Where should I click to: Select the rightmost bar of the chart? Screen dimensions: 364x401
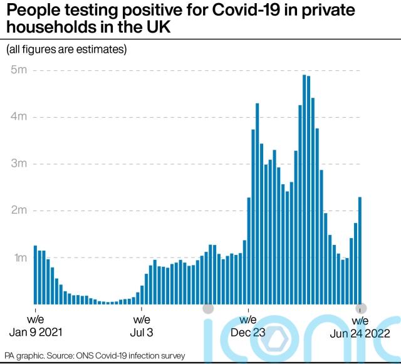360,251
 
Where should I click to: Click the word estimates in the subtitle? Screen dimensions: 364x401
103,49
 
